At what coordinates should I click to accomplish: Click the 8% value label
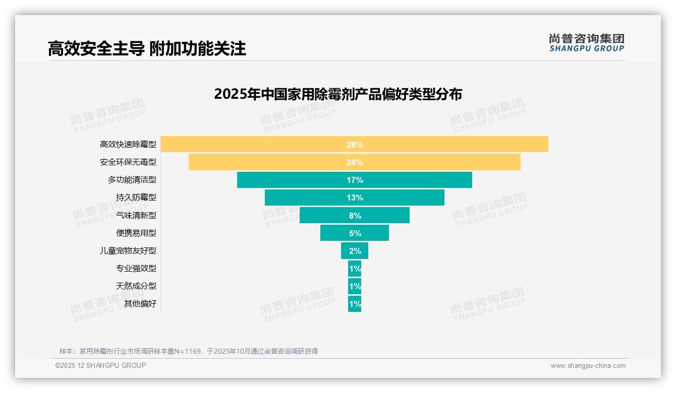point(355,216)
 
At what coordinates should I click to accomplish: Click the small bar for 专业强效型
point(355,269)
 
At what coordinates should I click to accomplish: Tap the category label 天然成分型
point(136,286)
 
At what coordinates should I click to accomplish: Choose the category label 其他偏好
point(140,303)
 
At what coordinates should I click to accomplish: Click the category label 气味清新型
point(136,215)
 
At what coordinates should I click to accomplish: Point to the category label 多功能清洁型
point(132,179)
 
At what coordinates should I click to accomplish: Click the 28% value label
point(355,145)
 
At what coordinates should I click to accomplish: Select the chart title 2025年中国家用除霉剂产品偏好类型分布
point(337,94)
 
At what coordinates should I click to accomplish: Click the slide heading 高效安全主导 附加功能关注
point(147,48)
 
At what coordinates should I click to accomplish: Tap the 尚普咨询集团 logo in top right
point(586,43)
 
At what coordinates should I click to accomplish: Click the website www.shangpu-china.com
point(588,366)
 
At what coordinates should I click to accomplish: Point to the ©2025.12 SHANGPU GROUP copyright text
point(101,365)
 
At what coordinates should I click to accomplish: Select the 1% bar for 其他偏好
point(355,304)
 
